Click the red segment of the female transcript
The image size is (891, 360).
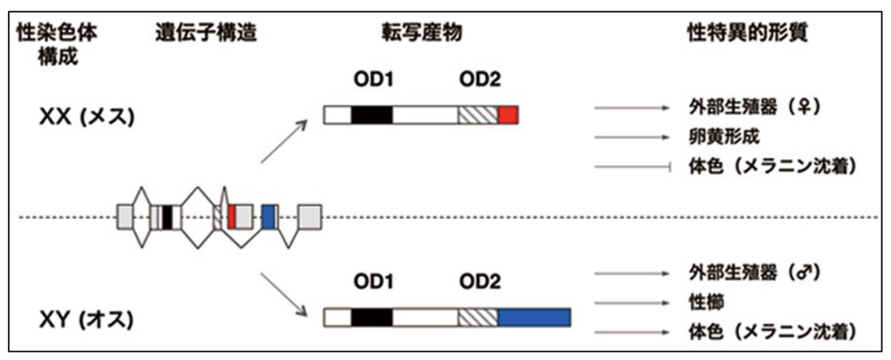(508, 115)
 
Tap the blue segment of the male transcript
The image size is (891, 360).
(534, 318)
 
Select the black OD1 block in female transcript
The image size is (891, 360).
(371, 115)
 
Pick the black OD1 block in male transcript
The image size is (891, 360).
(371, 318)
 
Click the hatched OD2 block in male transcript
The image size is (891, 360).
(477, 318)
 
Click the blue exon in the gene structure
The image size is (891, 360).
(269, 216)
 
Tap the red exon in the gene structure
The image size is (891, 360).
(232, 216)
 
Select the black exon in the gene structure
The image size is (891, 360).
(168, 216)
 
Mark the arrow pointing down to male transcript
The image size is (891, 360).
(284, 294)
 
